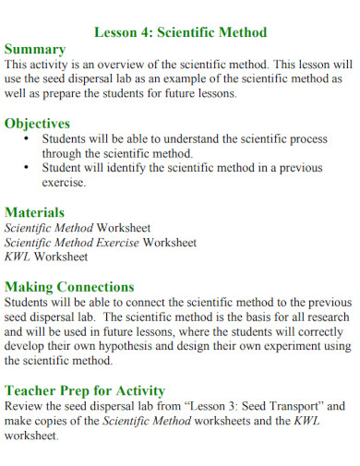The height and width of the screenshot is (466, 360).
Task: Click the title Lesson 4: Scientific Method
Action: tap(181, 32)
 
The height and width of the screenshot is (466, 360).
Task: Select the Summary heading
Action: tap(35, 49)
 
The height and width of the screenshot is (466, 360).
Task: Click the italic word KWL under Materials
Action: tap(18, 257)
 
